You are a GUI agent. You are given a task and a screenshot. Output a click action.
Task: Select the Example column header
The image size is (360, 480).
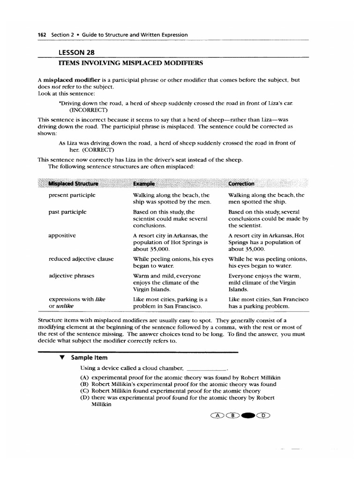[x=143, y=184]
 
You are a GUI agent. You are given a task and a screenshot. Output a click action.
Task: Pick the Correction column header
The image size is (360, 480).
[x=241, y=184]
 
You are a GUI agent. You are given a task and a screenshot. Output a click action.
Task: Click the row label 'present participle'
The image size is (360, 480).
[x=72, y=195]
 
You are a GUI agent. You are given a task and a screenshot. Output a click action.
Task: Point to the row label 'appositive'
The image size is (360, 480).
[x=62, y=235]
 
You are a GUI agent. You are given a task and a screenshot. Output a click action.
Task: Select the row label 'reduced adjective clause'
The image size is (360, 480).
[x=81, y=259]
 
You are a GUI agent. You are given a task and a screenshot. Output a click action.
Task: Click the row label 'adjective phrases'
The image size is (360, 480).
[x=71, y=276]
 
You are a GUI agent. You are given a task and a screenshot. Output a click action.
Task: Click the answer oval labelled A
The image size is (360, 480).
[x=217, y=415]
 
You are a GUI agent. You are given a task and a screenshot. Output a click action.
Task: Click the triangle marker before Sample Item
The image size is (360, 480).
[x=61, y=357]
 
